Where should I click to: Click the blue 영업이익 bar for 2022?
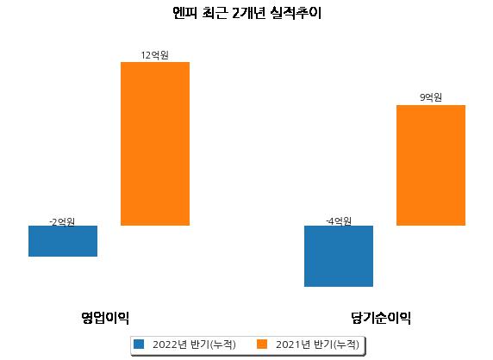click(63, 241)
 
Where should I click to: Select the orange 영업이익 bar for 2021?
click(155, 144)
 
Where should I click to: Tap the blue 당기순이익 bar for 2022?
click(339, 256)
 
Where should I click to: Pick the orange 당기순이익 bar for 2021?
click(431, 165)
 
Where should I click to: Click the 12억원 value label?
click(154, 55)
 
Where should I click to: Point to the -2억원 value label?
click(62, 222)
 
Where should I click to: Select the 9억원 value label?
click(431, 97)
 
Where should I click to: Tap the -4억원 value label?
click(339, 221)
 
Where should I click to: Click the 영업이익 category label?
click(105, 318)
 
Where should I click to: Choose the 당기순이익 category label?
click(381, 318)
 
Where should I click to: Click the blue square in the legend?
click(139, 344)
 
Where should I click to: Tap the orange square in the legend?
click(262, 344)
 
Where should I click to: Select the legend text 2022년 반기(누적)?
click(194, 344)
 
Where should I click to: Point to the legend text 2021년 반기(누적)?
click(317, 344)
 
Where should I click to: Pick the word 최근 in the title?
click(215, 13)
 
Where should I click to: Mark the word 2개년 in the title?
click(248, 13)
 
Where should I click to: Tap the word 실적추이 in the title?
click(296, 13)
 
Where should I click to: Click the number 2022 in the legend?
click(165, 344)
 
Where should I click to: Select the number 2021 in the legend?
click(288, 344)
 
